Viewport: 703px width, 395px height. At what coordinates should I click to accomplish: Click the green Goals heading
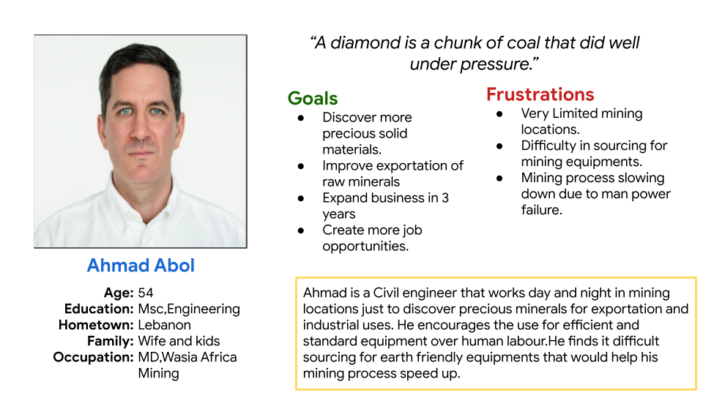click(x=313, y=98)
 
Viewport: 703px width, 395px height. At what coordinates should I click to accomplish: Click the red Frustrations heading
click(x=540, y=94)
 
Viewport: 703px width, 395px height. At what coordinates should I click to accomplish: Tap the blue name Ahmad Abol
click(x=141, y=265)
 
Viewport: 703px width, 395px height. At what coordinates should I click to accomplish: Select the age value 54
click(x=146, y=293)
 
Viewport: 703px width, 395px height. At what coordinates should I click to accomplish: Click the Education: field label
click(x=99, y=309)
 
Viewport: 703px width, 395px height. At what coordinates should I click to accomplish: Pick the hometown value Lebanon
click(x=165, y=325)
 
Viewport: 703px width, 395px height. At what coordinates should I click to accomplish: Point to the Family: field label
click(x=111, y=342)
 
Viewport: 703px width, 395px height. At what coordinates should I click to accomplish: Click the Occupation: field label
click(x=93, y=358)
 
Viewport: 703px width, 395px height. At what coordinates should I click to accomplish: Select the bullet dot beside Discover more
click(x=301, y=118)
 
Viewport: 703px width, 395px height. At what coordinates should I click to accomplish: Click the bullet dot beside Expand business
click(x=301, y=198)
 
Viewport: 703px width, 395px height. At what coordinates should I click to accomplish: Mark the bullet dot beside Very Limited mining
click(x=499, y=114)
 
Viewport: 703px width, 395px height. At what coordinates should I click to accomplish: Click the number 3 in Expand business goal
click(x=445, y=198)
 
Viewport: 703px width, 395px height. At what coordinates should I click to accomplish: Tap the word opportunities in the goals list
click(x=365, y=247)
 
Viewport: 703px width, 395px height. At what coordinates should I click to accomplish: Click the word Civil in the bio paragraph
click(x=386, y=293)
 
